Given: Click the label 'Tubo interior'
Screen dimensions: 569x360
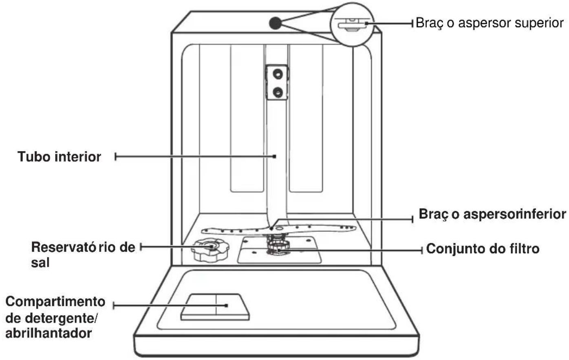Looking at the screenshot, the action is [x=59, y=157].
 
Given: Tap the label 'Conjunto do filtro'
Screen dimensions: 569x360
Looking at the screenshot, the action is [x=483, y=248].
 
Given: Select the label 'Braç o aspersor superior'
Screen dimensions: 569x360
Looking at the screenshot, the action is [x=490, y=23].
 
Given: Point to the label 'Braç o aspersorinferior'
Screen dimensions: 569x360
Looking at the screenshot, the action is [x=492, y=215].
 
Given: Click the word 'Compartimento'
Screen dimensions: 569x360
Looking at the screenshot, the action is [x=55, y=302].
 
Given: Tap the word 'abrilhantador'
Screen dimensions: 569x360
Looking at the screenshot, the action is [x=49, y=333].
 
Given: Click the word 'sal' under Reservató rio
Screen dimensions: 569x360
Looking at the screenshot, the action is [x=40, y=263].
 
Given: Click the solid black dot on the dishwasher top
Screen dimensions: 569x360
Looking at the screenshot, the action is [x=276, y=23].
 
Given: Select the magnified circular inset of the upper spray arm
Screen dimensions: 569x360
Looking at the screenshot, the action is [x=352, y=24].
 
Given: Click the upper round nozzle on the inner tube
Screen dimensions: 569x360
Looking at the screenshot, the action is [x=278, y=74].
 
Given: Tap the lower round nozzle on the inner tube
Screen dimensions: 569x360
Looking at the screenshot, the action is [x=278, y=92].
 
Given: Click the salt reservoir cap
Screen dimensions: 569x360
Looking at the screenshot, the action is [x=210, y=249].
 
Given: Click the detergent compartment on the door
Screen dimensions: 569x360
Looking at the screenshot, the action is [x=215, y=307].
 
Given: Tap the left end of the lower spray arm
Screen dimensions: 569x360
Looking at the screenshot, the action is [x=203, y=231].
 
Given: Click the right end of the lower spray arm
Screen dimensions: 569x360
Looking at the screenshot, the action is [x=355, y=228].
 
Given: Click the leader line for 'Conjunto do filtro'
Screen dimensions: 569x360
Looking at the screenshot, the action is [x=351, y=250].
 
